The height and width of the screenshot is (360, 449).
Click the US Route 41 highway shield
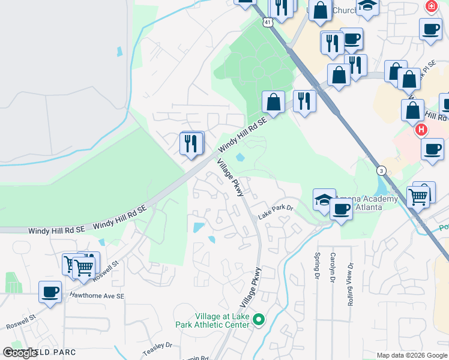click(x=268, y=22)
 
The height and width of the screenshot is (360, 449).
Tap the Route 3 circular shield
click(x=381, y=171)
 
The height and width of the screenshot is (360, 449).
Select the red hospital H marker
click(x=421, y=130)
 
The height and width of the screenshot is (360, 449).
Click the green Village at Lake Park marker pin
click(x=259, y=320)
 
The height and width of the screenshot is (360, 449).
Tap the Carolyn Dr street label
click(x=332, y=267)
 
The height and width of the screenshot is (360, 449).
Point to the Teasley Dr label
click(x=157, y=346)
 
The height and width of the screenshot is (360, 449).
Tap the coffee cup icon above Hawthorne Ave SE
click(x=50, y=292)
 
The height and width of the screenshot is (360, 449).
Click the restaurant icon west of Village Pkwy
click(x=191, y=143)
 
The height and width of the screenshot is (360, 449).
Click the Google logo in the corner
click(x=21, y=353)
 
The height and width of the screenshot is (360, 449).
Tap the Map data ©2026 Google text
click(x=411, y=355)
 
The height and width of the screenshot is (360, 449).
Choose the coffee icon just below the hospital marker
click(x=432, y=149)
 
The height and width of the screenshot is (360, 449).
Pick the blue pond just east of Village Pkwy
click(x=240, y=158)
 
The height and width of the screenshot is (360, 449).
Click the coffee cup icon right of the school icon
click(x=342, y=209)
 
